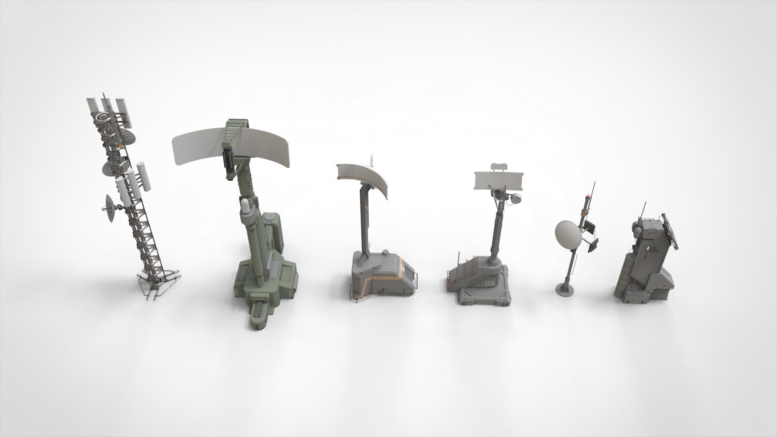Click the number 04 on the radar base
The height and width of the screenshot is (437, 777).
(489, 283)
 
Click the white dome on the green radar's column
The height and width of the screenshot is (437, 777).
(246, 206)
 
